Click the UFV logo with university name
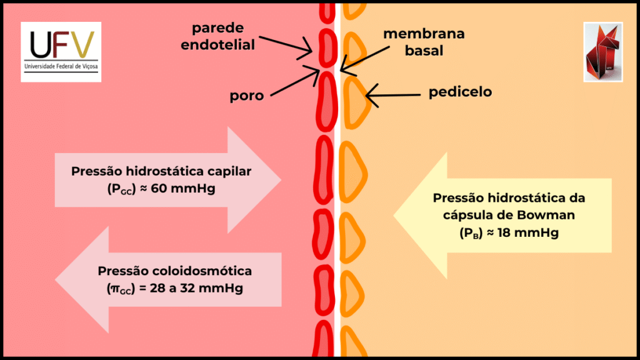click(x=61, y=51)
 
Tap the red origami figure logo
click(x=602, y=52)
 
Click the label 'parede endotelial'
click(x=223, y=36)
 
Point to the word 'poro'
click(x=246, y=96)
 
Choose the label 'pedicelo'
click(x=460, y=92)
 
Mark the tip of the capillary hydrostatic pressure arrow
click(x=279, y=180)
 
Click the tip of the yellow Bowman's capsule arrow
click(x=395, y=217)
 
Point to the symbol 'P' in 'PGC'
click(x=114, y=187)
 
